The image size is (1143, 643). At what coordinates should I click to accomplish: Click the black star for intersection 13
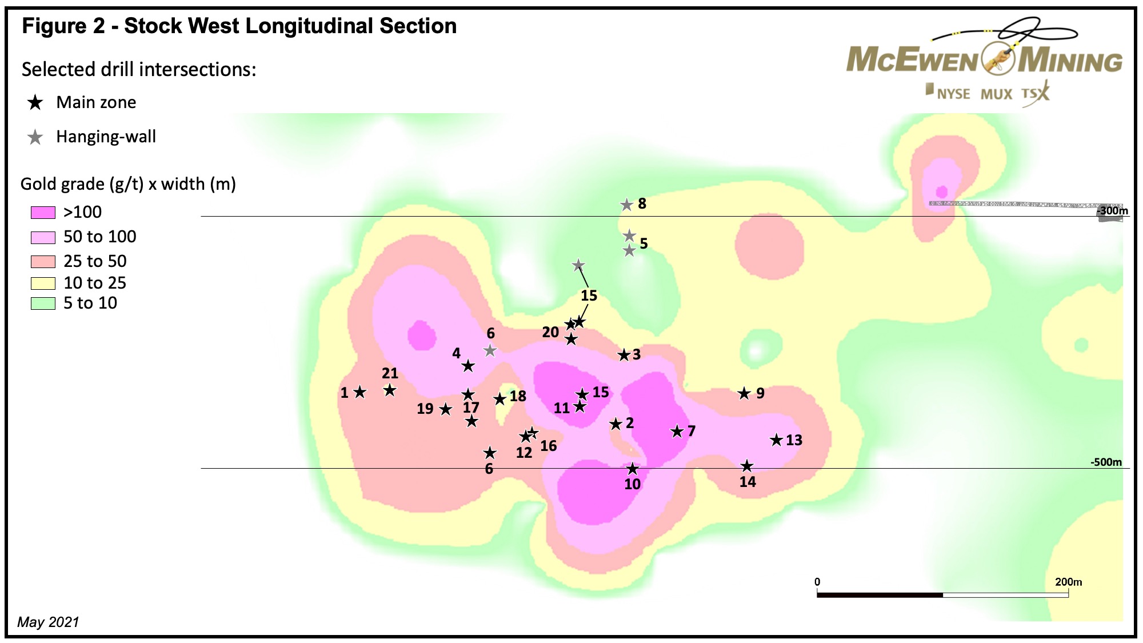[776, 440]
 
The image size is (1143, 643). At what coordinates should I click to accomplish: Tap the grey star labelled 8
[627, 205]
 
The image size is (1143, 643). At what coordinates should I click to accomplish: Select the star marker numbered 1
[359, 392]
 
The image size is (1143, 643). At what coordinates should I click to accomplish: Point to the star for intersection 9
[744, 393]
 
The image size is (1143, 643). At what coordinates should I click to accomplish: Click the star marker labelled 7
[677, 432]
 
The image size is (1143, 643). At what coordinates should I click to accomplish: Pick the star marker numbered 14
[747, 466]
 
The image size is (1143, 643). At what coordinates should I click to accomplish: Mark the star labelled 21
[390, 390]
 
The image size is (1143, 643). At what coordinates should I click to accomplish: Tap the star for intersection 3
[624, 355]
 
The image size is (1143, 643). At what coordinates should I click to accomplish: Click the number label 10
[632, 484]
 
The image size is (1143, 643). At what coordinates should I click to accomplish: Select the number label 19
[425, 409]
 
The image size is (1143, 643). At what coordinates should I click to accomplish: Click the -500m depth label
[1106, 462]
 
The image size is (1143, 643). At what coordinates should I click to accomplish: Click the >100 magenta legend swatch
[43, 213]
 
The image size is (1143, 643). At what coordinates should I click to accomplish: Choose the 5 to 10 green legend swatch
[43, 303]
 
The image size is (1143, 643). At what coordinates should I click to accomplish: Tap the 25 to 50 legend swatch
[43, 262]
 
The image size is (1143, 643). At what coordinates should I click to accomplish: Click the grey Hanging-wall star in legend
[35, 137]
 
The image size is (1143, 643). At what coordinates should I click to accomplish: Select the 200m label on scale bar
[1068, 582]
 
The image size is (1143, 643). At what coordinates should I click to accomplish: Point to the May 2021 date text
[49, 622]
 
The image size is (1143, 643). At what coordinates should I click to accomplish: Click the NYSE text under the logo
[953, 94]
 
